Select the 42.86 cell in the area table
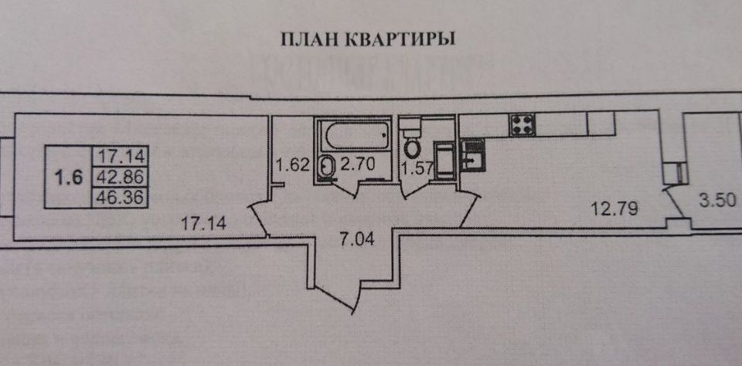[x=119, y=176]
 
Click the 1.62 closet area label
[x=293, y=164]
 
